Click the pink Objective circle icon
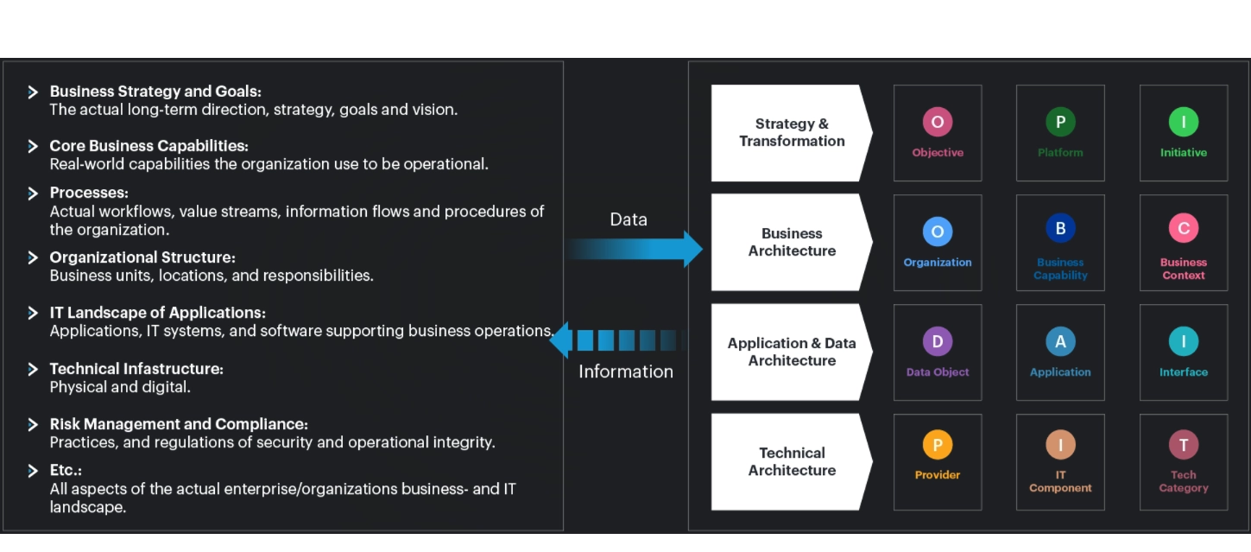pos(937,122)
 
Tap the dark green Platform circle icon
pos(1060,122)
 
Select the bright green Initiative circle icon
pos(1183,122)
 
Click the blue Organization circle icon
pos(937,232)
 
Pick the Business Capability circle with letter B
pos(1060,228)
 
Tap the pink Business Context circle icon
pos(1183,228)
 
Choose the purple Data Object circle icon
pos(937,341)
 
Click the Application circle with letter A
pos(1060,341)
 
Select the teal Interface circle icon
pos(1183,341)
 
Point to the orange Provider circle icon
pos(937,445)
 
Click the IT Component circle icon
pos(1060,445)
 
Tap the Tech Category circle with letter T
pos(1183,445)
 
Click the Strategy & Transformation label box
pos(791,133)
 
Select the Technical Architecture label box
pos(791,461)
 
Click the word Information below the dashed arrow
pos(626,371)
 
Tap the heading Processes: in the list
pos(89,193)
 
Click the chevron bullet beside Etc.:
pos(33,471)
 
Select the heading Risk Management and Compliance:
pos(179,424)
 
